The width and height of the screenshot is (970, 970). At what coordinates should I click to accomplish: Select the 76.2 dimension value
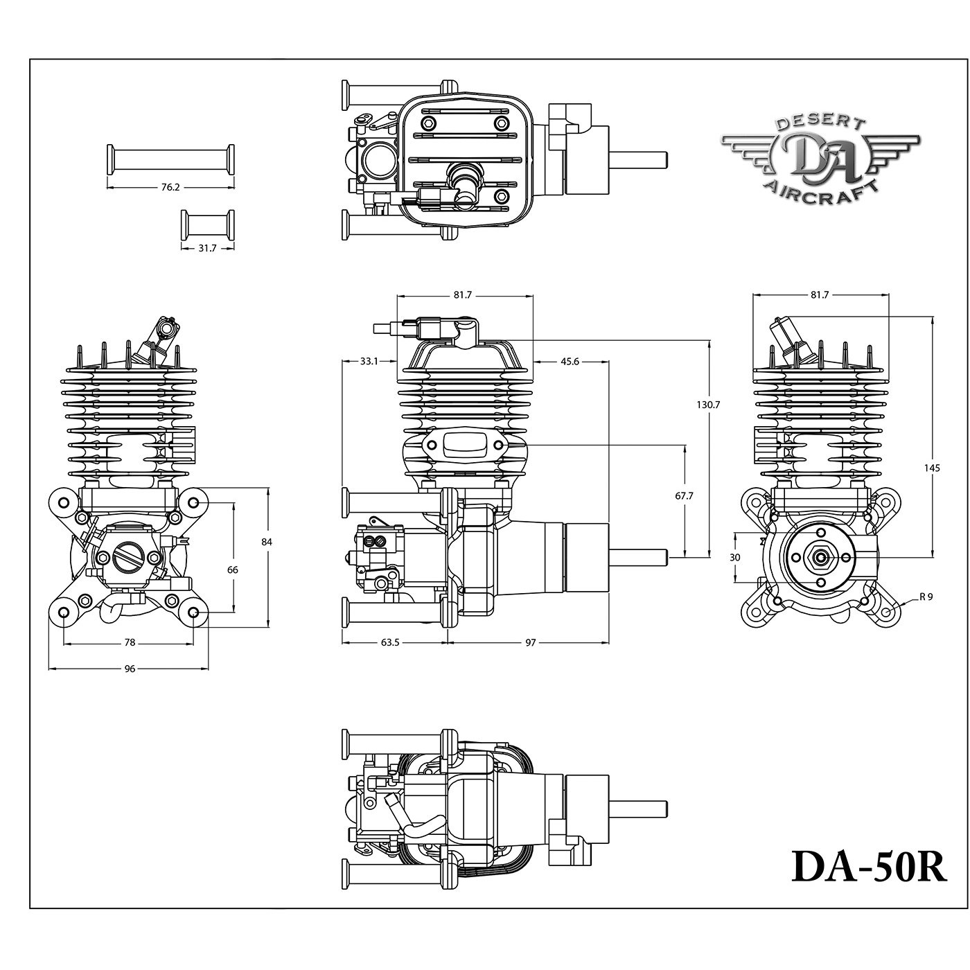click(170, 187)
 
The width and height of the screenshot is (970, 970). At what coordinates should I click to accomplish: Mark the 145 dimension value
click(932, 468)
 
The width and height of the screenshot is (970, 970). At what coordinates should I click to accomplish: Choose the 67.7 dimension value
click(684, 496)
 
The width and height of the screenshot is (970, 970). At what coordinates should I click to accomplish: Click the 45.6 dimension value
click(571, 361)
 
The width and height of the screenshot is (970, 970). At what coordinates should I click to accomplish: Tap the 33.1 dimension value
click(369, 361)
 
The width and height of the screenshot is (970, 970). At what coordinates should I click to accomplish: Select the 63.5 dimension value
click(390, 642)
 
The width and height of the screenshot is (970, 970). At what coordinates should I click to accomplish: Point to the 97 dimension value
click(530, 642)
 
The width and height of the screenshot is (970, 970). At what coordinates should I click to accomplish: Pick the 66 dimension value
click(233, 570)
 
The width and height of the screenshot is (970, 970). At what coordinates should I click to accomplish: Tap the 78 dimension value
click(130, 642)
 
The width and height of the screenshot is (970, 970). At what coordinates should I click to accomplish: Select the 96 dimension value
click(130, 669)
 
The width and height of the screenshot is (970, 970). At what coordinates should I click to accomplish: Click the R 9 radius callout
click(926, 596)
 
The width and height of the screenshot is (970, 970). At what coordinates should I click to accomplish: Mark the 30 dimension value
click(736, 556)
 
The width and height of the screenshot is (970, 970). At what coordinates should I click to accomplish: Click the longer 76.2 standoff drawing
click(170, 158)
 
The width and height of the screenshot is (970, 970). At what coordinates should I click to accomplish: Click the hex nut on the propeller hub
click(821, 556)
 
